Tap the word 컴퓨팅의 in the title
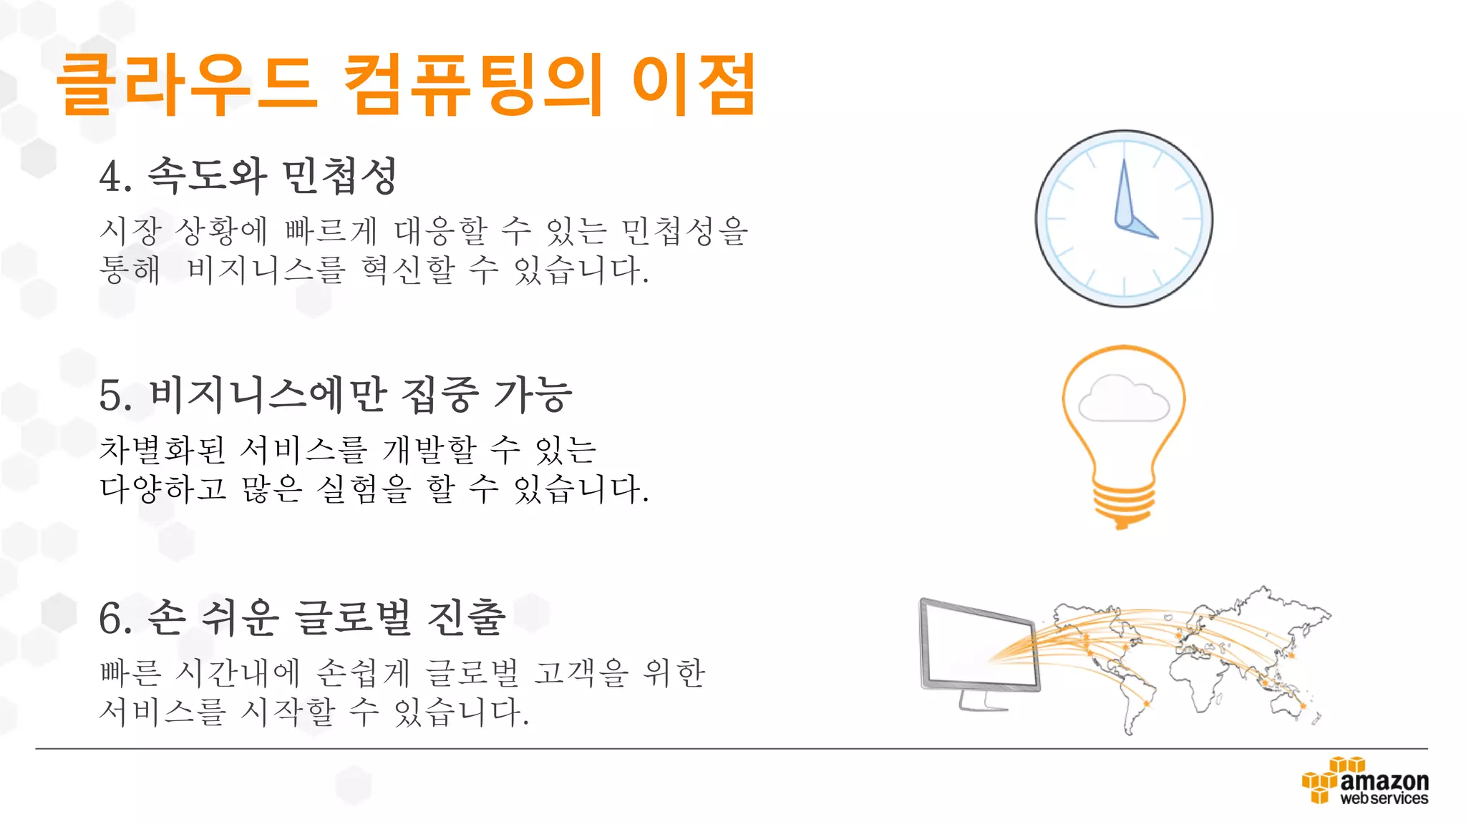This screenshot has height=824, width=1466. (472, 84)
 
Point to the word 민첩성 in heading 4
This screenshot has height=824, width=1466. (339, 176)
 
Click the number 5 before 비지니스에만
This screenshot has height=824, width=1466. (111, 396)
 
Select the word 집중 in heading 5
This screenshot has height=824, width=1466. (440, 395)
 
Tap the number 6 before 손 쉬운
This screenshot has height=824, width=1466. (111, 619)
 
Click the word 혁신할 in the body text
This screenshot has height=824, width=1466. (408, 270)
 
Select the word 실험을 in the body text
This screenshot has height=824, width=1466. (364, 489)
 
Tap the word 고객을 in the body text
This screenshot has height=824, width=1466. (581, 673)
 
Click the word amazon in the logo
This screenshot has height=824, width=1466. (1384, 780)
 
